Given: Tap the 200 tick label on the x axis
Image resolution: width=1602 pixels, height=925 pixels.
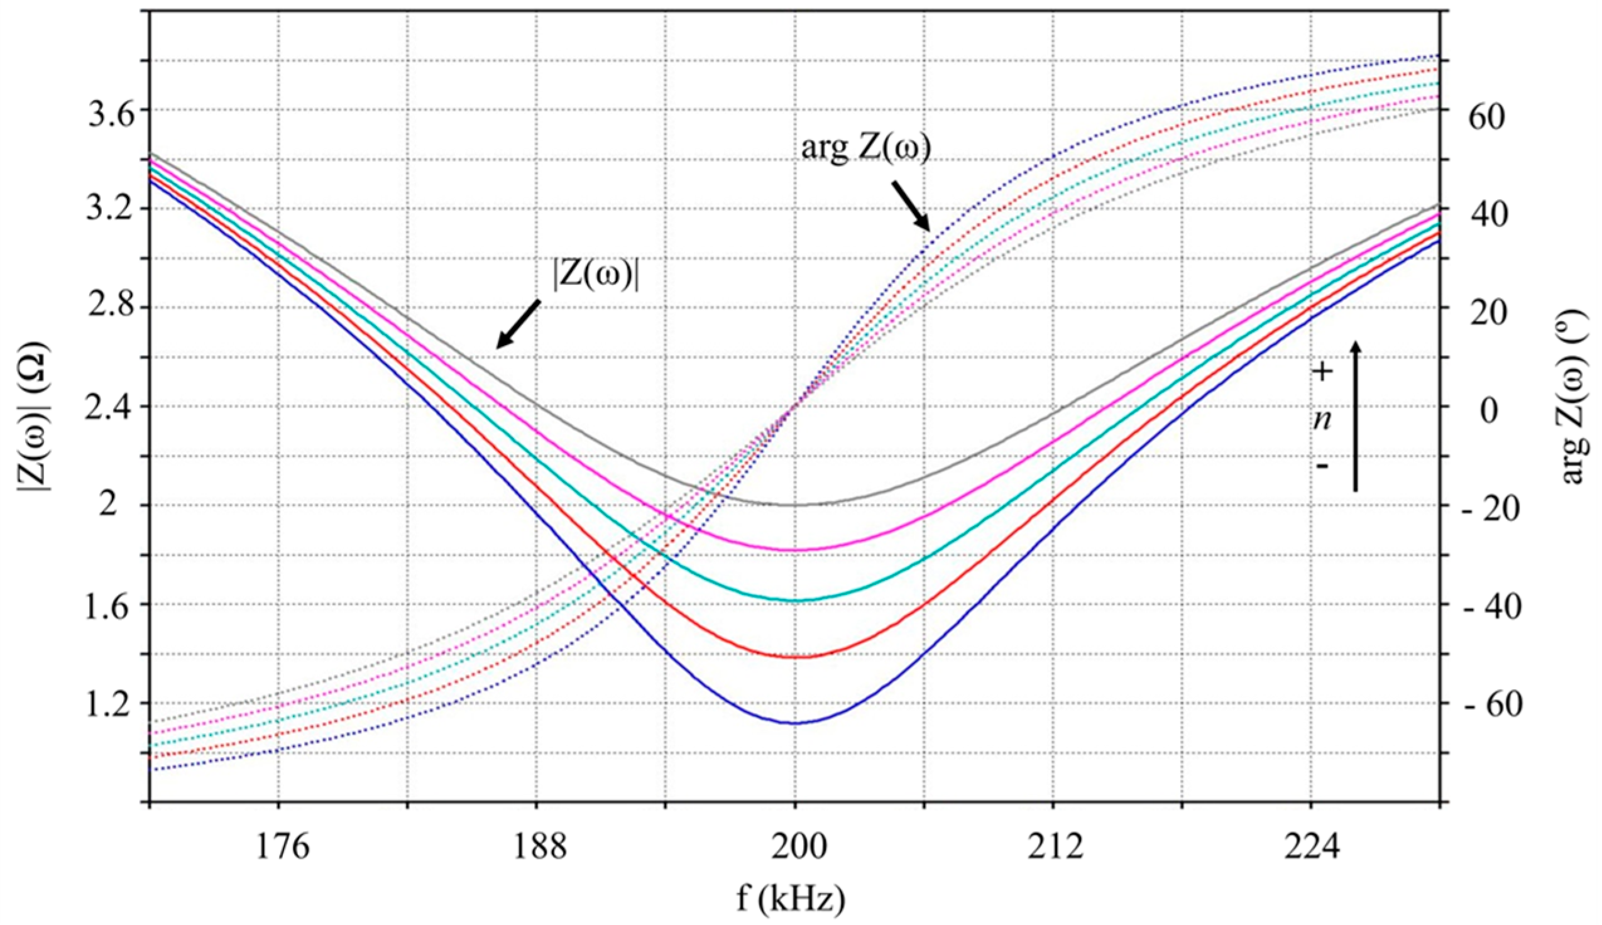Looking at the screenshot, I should pos(794,848).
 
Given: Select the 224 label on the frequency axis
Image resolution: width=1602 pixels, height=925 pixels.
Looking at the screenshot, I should pos(1311,848).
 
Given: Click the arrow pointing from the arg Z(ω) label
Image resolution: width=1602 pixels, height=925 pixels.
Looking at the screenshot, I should pos(911,205).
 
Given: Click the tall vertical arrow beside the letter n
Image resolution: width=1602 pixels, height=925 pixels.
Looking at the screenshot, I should pos(1354,416).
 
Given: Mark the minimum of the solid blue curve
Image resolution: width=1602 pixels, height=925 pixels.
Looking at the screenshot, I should pos(794,724).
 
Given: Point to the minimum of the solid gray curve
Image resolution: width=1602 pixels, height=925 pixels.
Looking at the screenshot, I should pos(794,506).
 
